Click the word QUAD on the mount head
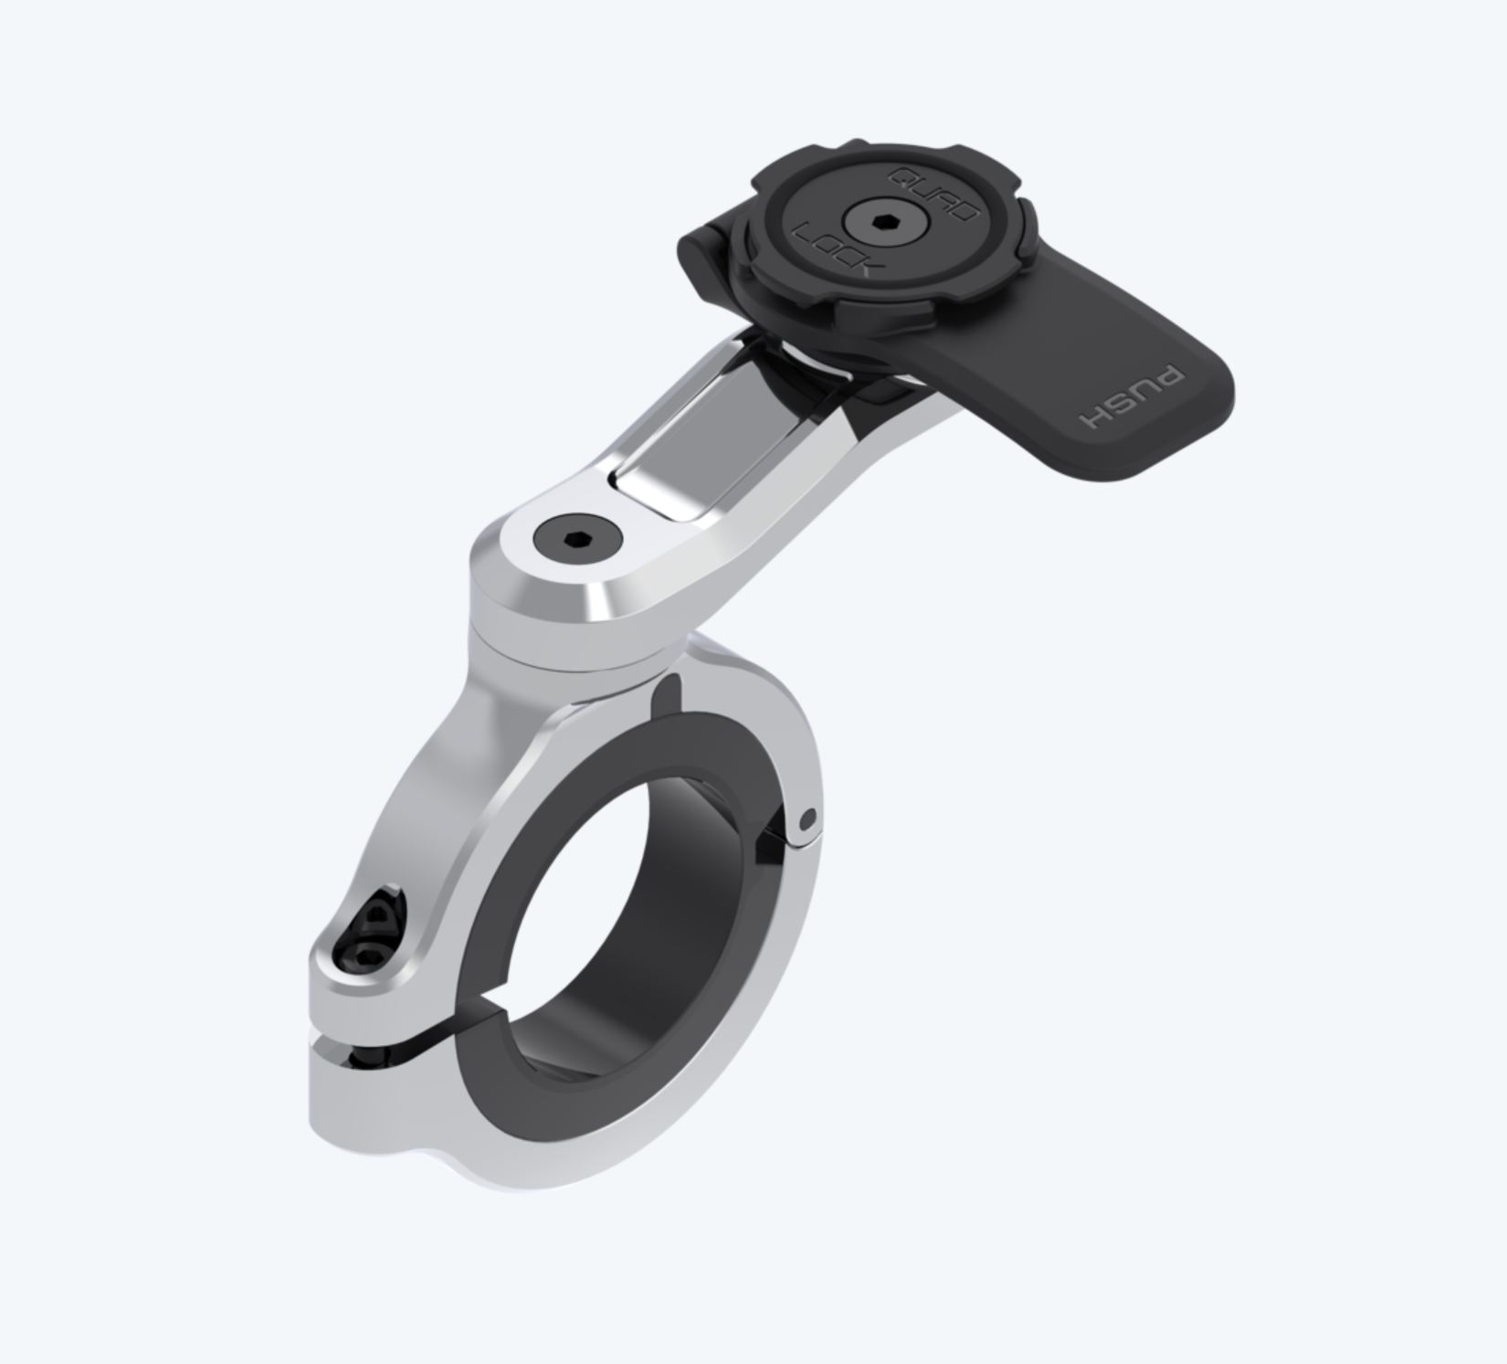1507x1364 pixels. click(x=933, y=195)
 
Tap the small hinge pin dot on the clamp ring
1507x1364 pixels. click(x=806, y=819)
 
